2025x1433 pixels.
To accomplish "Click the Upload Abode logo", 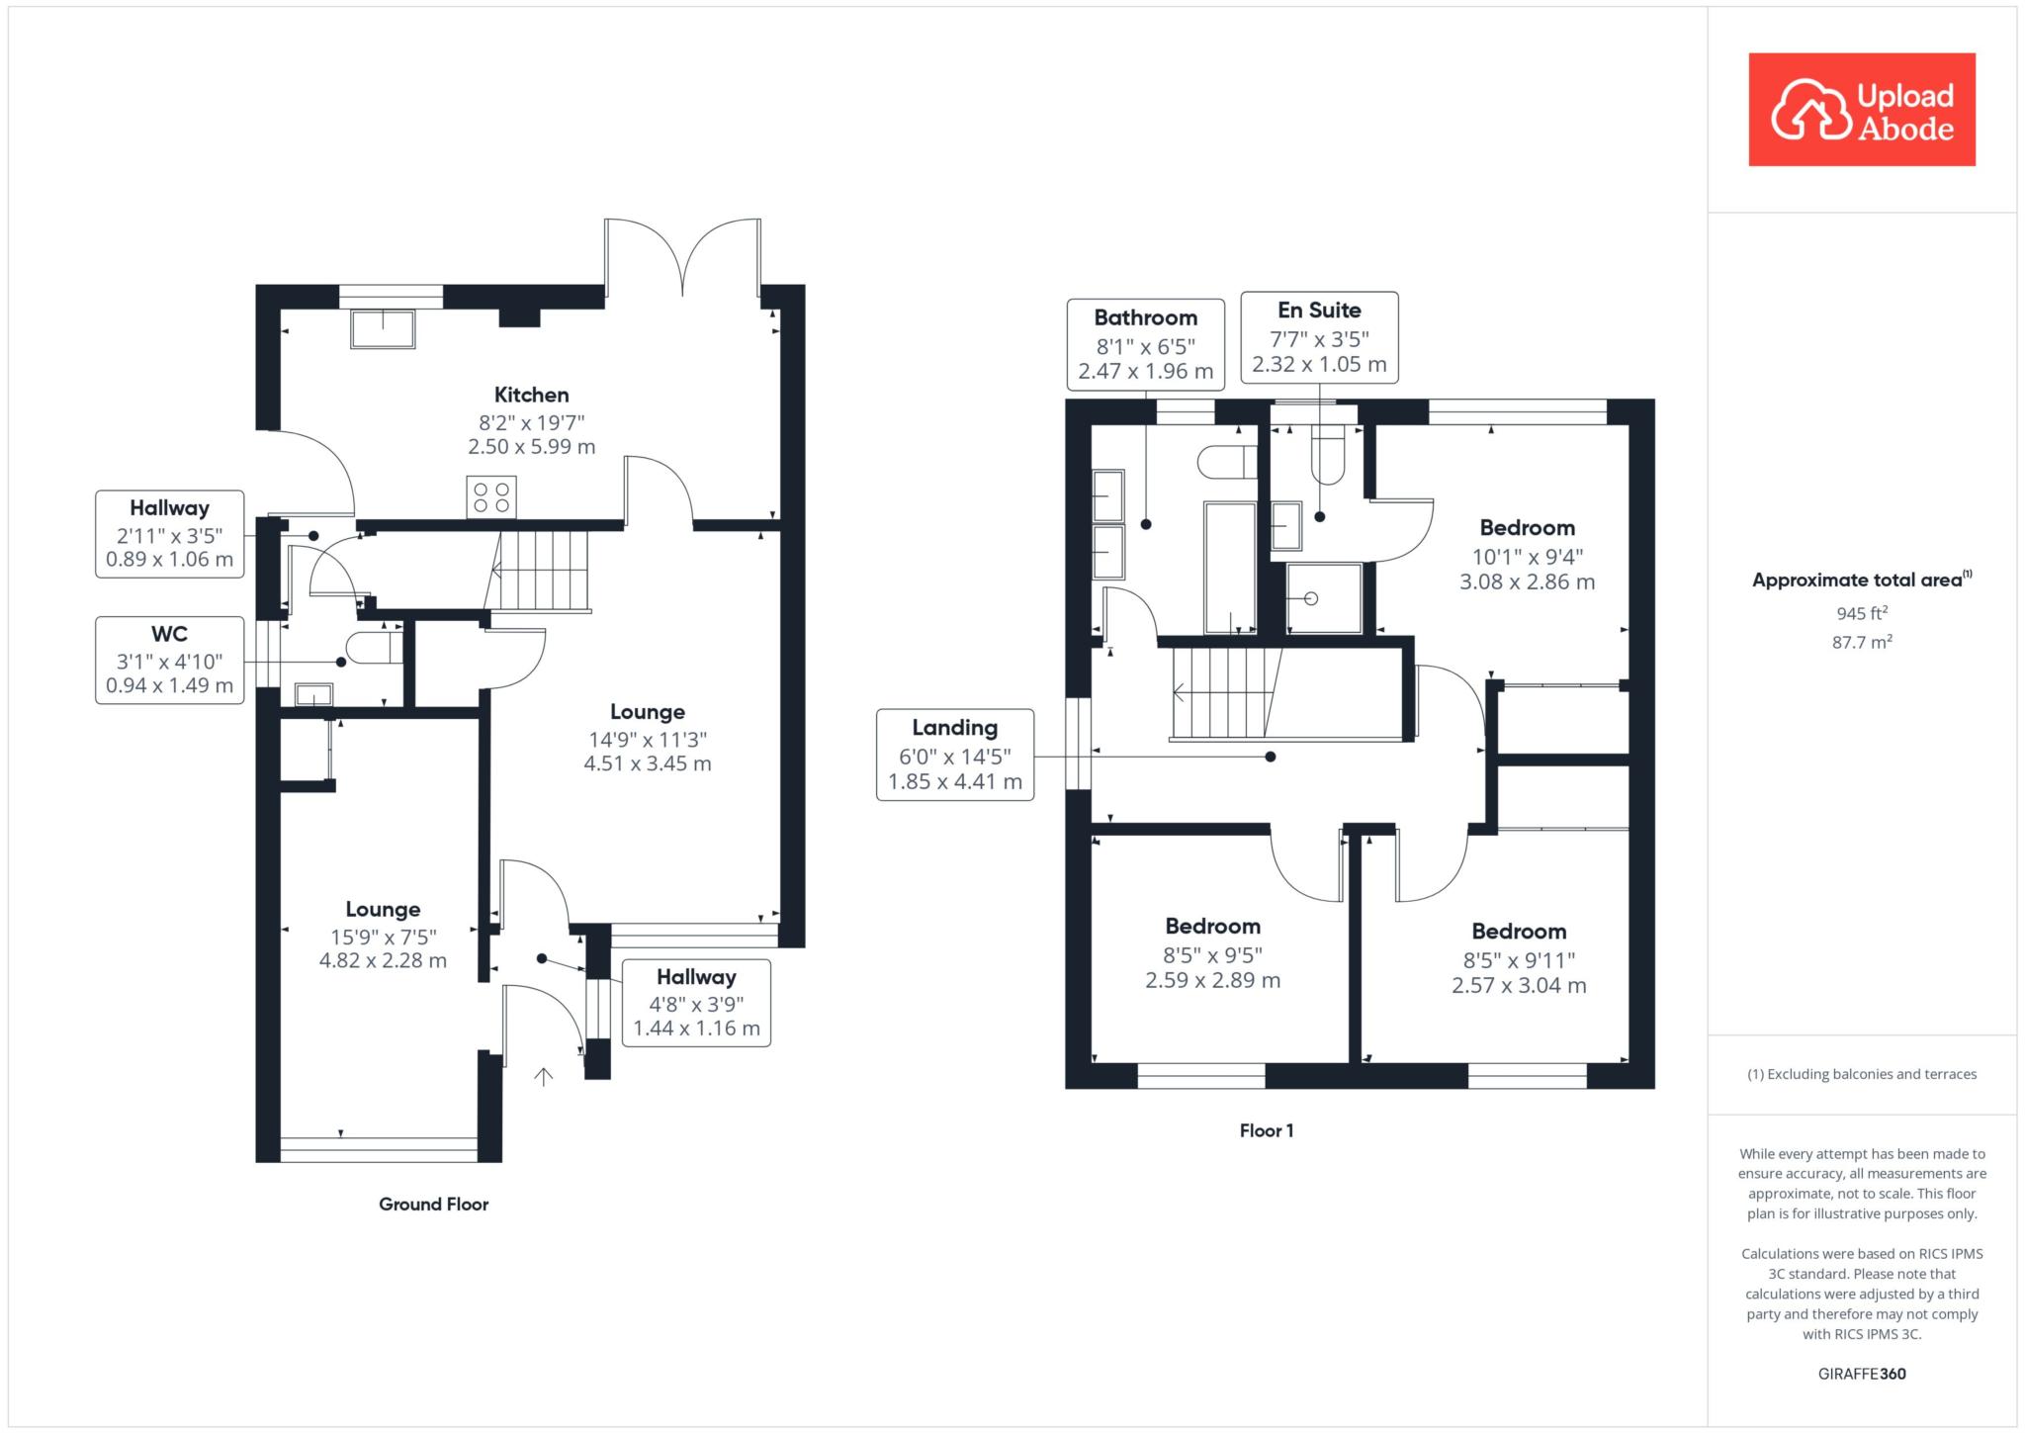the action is point(1862,109).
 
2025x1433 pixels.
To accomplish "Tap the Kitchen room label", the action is point(532,396).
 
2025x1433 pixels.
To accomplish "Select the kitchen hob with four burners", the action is point(491,496).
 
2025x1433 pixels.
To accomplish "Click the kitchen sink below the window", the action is point(383,328).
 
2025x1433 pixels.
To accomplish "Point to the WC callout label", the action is point(169,660).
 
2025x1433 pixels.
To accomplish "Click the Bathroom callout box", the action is point(1146,344).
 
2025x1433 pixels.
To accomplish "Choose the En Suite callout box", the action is point(1319,336).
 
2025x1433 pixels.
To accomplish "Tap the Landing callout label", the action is point(955,755).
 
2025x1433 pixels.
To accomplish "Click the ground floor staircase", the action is point(540,571).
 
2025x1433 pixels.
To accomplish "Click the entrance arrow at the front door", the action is point(543,1076).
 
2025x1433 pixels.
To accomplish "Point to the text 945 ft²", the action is point(1862,613).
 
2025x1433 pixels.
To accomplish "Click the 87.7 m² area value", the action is point(1862,642).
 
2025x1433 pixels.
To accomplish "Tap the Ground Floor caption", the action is point(434,1204).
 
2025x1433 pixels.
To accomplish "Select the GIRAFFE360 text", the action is point(1862,1374).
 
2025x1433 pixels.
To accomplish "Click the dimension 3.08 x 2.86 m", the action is point(1528,582).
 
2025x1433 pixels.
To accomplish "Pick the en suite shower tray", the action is point(1324,597).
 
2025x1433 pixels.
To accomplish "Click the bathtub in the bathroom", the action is point(1230,568).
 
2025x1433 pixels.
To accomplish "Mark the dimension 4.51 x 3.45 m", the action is point(648,763).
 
